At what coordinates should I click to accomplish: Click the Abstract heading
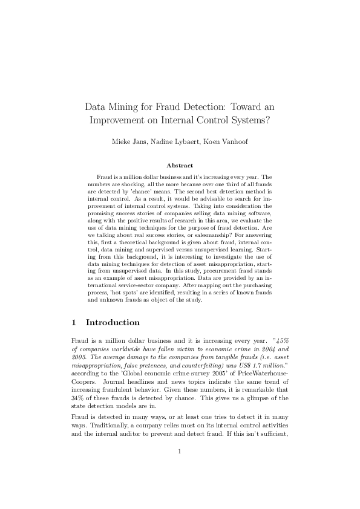[x=180, y=165]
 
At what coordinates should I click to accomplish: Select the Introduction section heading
[x=113, y=322]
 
